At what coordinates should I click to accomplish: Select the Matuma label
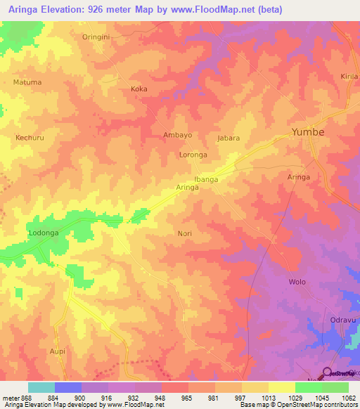click(27, 82)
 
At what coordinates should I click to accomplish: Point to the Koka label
click(139, 89)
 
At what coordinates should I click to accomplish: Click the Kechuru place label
click(30, 138)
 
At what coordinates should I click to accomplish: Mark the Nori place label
click(185, 233)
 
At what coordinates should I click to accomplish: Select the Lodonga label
click(43, 233)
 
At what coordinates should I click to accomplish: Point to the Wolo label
click(297, 282)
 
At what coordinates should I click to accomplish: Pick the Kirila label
click(349, 76)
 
